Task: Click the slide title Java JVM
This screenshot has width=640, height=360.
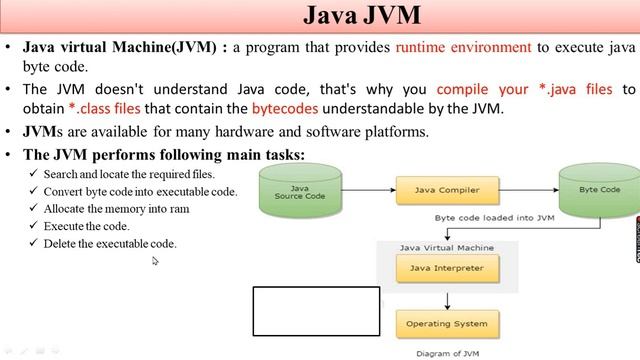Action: pos(361,17)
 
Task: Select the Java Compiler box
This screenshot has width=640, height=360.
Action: pos(446,189)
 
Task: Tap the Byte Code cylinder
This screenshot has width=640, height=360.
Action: pos(599,190)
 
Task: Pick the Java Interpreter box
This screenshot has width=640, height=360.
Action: pos(446,268)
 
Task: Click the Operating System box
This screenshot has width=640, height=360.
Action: pos(446,324)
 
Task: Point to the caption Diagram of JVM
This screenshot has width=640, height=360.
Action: pos(448,352)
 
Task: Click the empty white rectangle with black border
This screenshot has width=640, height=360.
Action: pos(316,311)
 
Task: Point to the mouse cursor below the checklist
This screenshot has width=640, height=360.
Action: pos(155,261)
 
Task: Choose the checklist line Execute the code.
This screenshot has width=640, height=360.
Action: pos(88,226)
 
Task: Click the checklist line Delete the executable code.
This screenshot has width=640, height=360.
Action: pos(109,243)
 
